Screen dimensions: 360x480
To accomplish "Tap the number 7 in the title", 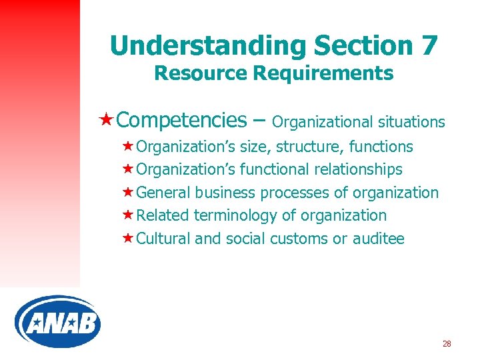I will coord(428,46).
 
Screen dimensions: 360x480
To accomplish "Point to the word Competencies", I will coord(181,120).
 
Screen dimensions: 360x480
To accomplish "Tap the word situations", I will coord(411,122).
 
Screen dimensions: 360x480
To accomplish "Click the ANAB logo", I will coord(57,321).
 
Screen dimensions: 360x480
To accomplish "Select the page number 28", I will coord(447,344).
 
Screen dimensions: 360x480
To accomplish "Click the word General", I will coord(163,193).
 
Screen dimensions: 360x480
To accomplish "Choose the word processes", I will coord(295,193).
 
